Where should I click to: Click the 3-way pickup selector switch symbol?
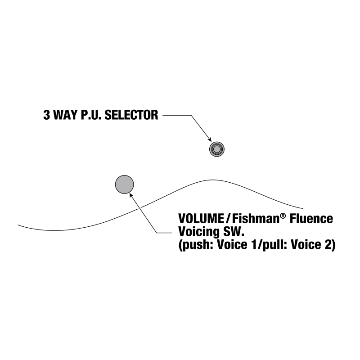[216, 148]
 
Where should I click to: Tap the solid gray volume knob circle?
[125, 184]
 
